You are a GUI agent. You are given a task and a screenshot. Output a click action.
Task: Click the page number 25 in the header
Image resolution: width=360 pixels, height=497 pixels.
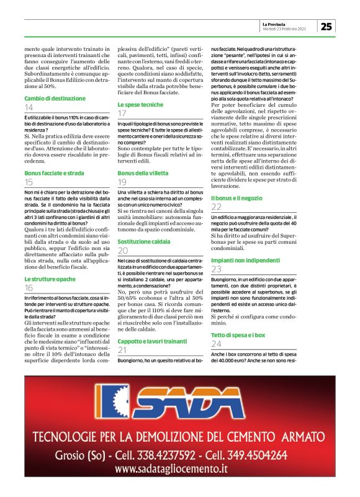(x=326, y=25)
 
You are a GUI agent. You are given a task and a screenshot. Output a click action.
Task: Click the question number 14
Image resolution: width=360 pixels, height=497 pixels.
(x=29, y=107)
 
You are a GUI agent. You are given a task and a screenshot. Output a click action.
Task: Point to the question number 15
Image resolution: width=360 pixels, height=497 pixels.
(x=29, y=182)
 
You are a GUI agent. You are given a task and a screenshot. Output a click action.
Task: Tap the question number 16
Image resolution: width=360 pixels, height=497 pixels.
(x=29, y=288)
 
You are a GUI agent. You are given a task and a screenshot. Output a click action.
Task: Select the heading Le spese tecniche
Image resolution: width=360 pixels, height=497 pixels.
(x=141, y=104)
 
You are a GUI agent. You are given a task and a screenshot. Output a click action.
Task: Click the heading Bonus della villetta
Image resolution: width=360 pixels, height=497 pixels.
(x=143, y=172)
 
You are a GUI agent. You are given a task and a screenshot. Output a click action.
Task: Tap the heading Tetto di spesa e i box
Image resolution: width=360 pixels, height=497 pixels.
(x=238, y=334)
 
